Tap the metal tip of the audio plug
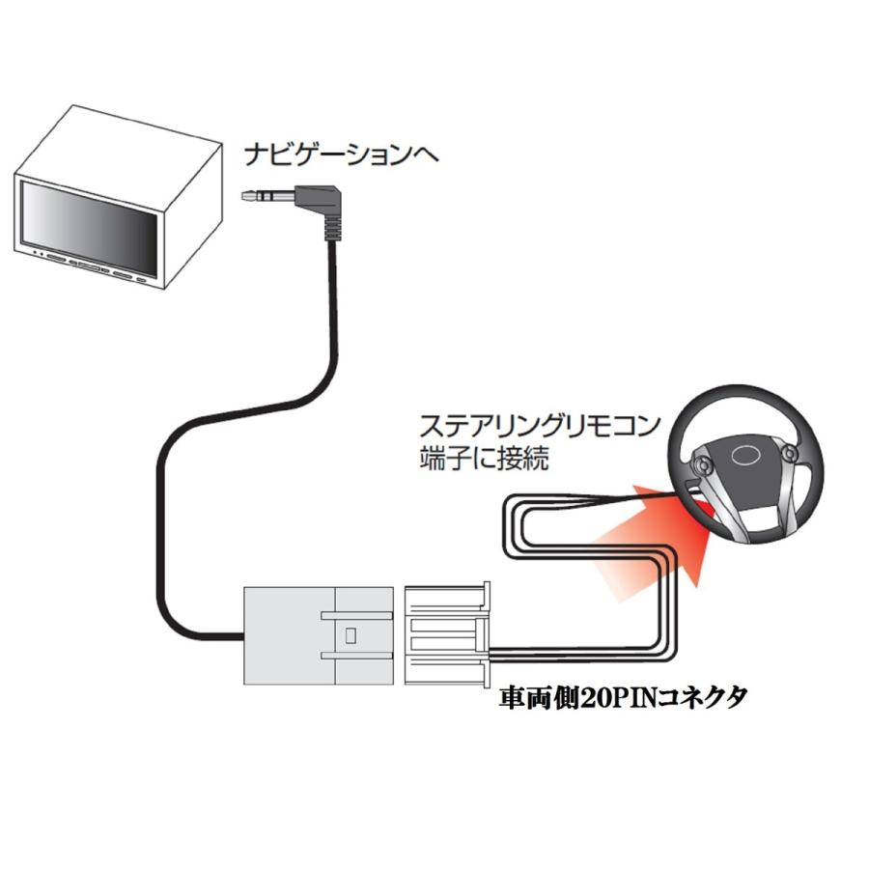(x=254, y=197)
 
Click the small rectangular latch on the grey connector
(x=350, y=635)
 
